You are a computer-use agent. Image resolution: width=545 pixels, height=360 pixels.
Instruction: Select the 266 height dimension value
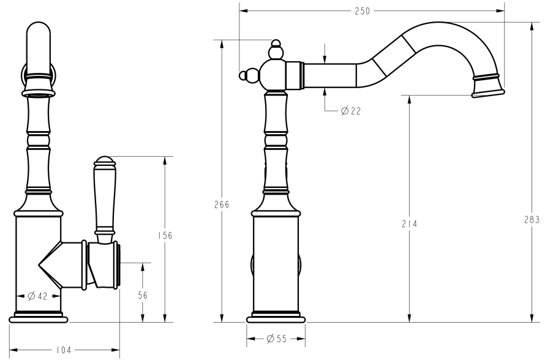click(221, 204)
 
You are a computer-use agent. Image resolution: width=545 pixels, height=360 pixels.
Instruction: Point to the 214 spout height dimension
click(409, 224)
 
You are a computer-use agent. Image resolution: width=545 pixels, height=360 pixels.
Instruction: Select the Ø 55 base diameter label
click(276, 339)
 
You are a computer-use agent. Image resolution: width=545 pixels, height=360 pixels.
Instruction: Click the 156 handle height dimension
click(165, 236)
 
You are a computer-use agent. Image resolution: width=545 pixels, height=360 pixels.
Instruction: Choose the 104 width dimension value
click(64, 350)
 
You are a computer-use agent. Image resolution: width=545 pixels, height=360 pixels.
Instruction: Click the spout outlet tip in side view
click(488, 92)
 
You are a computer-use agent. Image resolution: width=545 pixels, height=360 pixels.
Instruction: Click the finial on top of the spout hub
click(276, 47)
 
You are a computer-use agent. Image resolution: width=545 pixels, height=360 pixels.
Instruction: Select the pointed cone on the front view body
click(50, 264)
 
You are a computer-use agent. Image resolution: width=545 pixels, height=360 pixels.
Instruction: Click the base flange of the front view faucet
click(37, 318)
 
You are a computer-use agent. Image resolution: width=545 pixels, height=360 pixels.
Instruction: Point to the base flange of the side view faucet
click(276, 318)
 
